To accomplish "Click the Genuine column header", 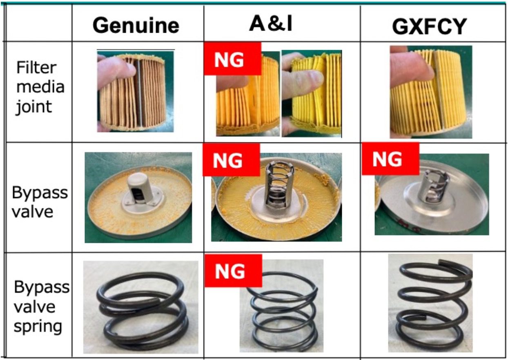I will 136,26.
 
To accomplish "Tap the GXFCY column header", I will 429,27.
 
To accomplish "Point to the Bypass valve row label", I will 39,202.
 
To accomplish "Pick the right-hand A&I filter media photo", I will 312,94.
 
